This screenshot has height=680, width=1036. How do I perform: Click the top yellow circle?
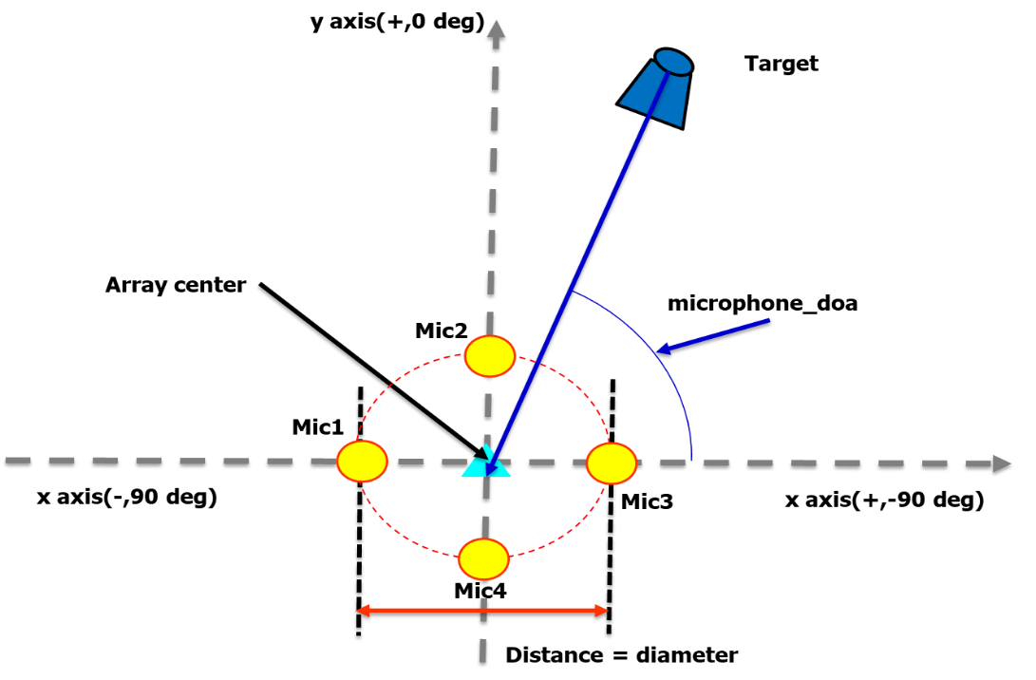(490, 356)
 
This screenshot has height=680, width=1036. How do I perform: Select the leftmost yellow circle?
(362, 462)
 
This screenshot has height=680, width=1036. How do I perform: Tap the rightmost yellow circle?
(611, 463)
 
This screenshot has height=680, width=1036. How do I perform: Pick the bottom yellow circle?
(483, 558)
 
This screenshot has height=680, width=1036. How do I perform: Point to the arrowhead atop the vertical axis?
(496, 28)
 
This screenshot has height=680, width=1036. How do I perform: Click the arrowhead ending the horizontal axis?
(1002, 463)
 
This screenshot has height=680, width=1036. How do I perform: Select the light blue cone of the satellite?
(653, 95)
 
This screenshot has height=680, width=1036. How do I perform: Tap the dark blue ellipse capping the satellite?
(673, 62)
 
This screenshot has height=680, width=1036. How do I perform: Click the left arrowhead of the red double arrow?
(362, 611)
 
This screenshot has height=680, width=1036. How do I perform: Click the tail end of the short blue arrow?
(768, 320)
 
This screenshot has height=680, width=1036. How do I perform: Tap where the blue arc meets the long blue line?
(572, 291)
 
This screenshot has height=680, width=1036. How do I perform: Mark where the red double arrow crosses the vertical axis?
(483, 611)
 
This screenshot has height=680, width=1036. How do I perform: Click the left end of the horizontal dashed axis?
(8, 461)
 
